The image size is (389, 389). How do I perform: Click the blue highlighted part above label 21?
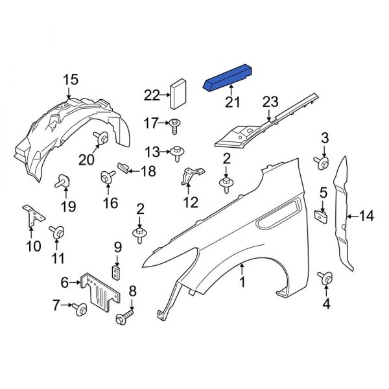tap(228, 77)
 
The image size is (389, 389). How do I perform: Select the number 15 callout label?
tap(71, 80)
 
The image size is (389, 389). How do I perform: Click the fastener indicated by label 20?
tap(102, 137)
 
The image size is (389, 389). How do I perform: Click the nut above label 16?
tap(105, 177)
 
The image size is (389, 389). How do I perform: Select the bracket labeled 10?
tap(30, 216)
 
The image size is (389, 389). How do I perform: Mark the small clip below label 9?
tap(117, 271)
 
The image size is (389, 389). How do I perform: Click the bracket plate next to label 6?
tap(101, 292)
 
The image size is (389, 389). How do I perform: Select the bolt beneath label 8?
tap(125, 318)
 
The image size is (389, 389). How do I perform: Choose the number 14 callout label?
tap(366, 216)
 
